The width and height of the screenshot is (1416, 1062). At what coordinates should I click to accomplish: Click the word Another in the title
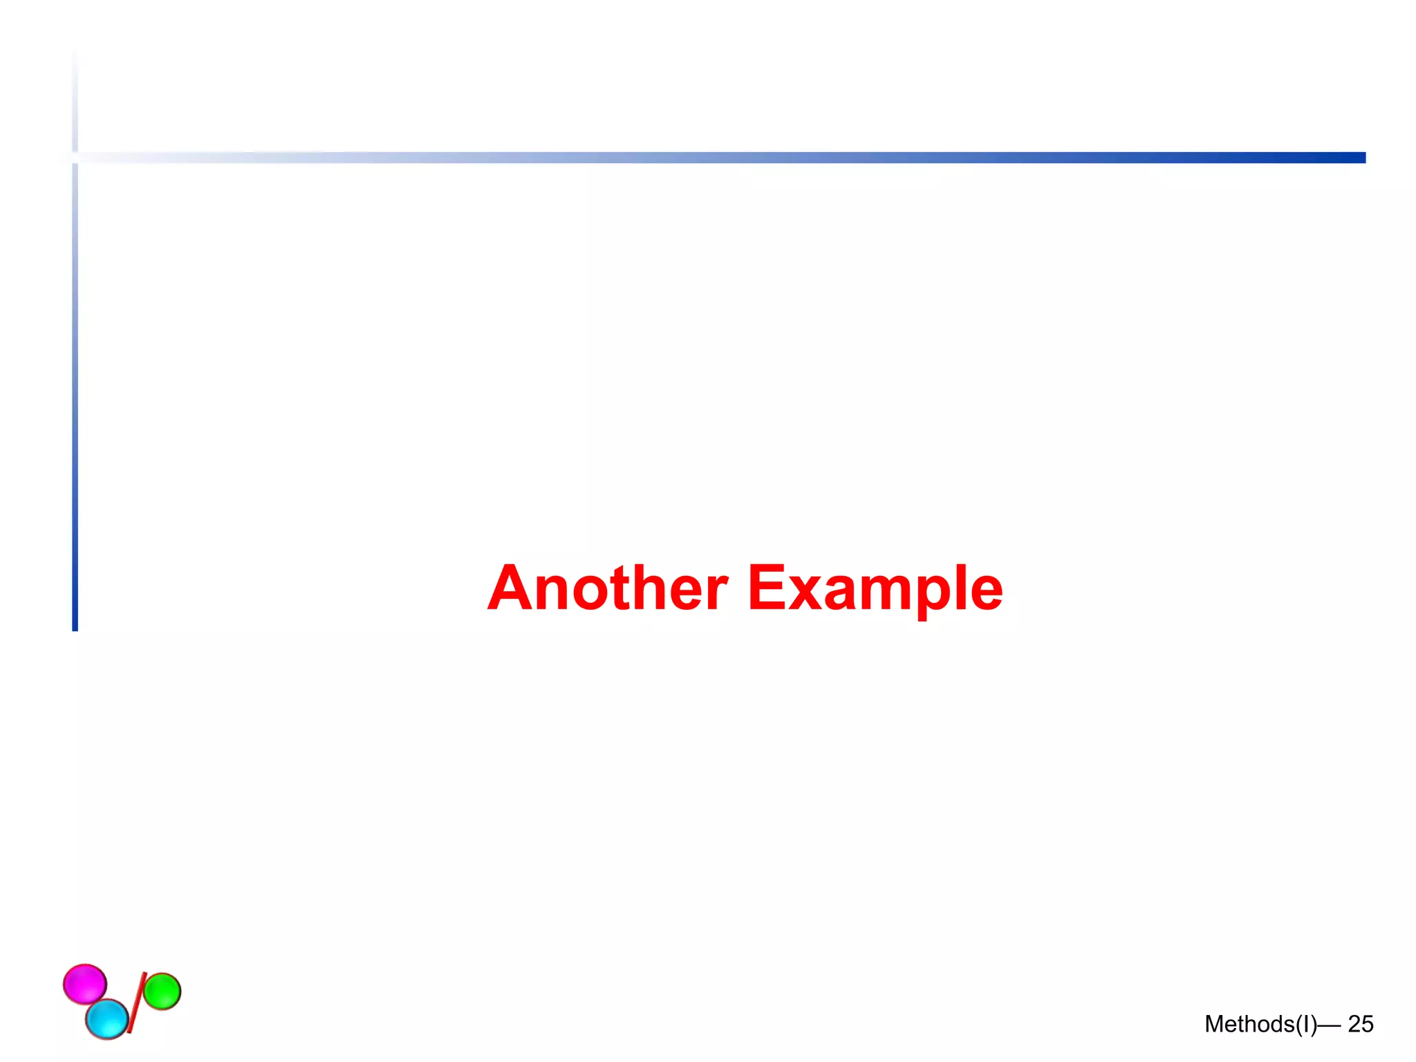click(x=608, y=588)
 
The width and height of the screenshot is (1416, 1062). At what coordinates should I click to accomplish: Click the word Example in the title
click(x=875, y=588)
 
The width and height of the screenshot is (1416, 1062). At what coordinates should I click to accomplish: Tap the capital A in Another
click(x=510, y=588)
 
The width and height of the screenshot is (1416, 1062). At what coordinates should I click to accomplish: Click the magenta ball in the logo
click(x=84, y=984)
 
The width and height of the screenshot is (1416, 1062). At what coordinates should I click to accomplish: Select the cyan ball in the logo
click(x=107, y=1019)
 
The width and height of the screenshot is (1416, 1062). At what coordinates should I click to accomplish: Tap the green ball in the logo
click(x=162, y=991)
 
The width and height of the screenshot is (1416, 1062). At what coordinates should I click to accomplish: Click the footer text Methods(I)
click(x=1260, y=1024)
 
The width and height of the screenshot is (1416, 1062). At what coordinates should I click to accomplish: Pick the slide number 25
click(x=1361, y=1024)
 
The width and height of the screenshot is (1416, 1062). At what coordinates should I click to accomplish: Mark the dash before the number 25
click(x=1330, y=1025)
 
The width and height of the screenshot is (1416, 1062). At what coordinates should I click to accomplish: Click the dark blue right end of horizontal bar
click(x=1355, y=158)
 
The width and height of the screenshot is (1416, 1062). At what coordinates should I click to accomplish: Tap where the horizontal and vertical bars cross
click(x=75, y=158)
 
